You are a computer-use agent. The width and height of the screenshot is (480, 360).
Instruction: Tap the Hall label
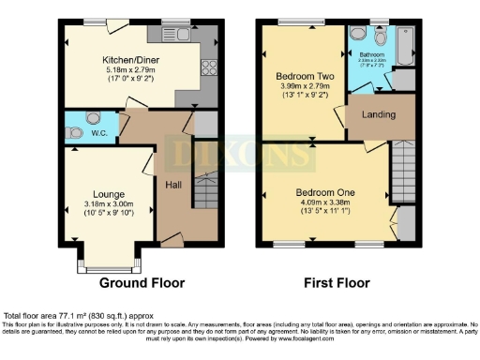click(174, 185)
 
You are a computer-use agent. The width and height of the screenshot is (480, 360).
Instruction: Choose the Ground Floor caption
click(142, 283)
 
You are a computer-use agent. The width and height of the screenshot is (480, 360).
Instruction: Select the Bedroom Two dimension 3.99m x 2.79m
click(300, 86)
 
